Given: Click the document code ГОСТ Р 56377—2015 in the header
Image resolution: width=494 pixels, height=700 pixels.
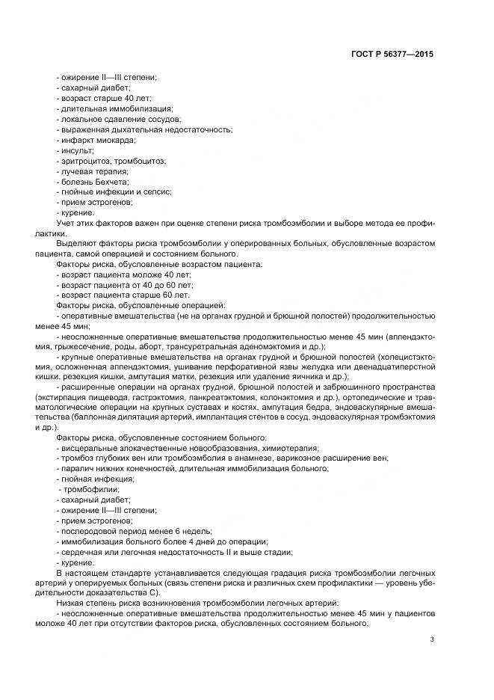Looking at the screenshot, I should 392,55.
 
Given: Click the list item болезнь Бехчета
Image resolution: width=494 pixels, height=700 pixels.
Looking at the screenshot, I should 93,182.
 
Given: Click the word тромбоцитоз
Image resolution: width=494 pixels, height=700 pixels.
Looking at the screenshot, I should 141,161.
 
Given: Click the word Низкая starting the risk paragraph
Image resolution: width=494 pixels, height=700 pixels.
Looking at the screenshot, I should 72,601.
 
